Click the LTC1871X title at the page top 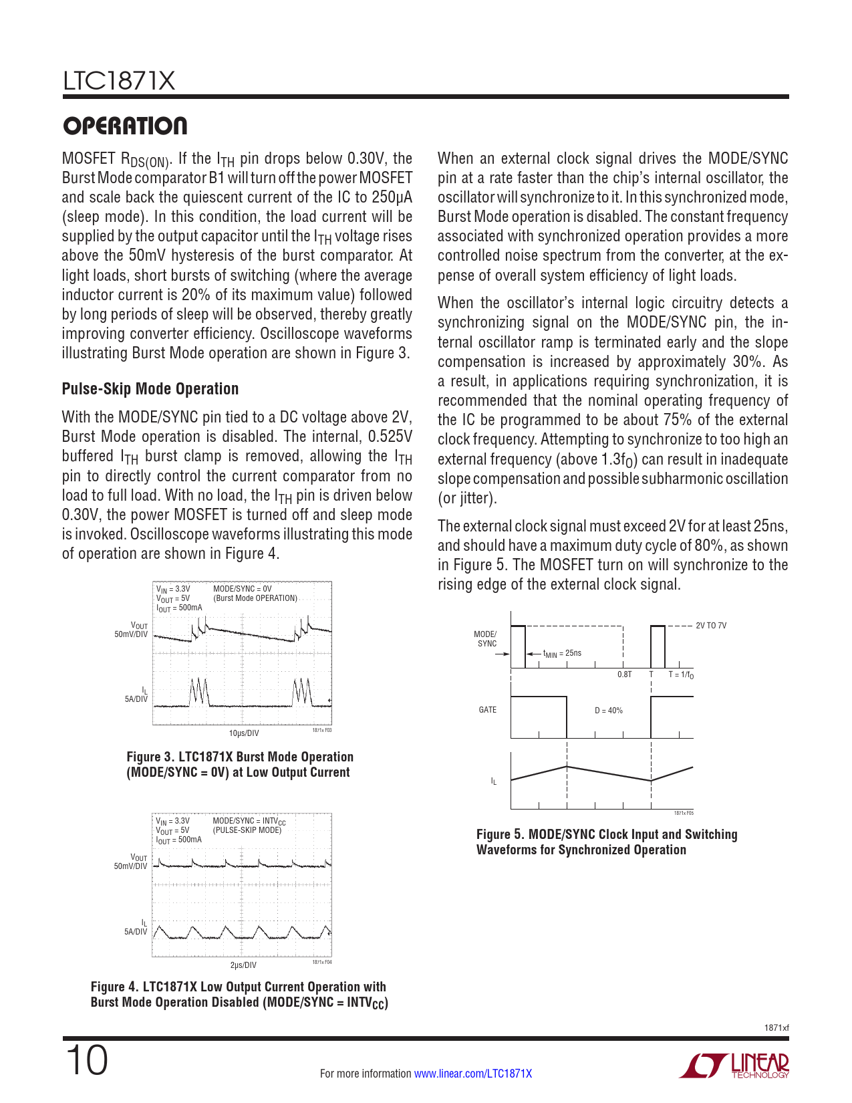pos(119,82)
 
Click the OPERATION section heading pos(125,126)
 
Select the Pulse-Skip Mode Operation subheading pos(150,389)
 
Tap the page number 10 pos(86,1061)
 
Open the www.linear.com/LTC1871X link pos(473,1074)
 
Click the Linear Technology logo pos(734,1066)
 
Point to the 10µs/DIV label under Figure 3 pos(244,733)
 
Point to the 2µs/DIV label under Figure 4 pos(243,965)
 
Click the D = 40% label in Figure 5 pos(609,711)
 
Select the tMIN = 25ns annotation pos(562,653)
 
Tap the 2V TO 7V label pos(711,626)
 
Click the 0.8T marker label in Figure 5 pos(624,675)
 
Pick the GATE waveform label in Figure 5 pos(488,710)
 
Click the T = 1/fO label pos(681,675)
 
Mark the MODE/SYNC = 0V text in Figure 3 pos(243,589)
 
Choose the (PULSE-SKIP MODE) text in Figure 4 pos(247,830)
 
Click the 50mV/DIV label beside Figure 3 pos(131,634)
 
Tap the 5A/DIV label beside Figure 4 pos(136,931)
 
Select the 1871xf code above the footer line pos(776,1027)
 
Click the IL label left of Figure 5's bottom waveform pos(494,781)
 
